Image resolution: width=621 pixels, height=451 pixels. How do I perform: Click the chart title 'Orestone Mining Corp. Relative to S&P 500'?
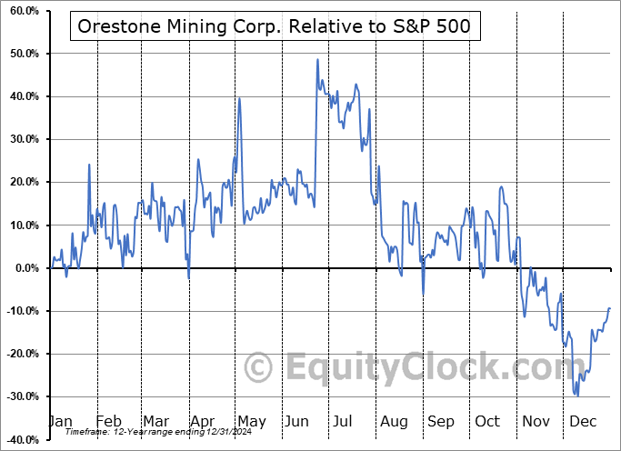(275, 26)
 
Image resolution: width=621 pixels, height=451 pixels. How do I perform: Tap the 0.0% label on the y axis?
(24, 268)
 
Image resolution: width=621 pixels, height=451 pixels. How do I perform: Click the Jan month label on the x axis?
(59, 422)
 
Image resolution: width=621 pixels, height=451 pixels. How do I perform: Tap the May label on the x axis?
(251, 422)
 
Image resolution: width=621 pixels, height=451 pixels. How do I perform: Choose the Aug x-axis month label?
(394, 422)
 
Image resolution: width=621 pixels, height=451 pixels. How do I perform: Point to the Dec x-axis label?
(584, 422)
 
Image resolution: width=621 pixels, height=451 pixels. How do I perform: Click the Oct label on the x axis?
(488, 422)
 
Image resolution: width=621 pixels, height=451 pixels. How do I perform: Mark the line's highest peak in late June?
(317, 60)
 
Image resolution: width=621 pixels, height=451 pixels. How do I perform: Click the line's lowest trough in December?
(577, 396)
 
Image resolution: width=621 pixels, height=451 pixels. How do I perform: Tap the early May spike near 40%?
(239, 98)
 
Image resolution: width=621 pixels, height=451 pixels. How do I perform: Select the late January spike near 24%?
(89, 165)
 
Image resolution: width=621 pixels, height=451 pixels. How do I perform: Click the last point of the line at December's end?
(609, 308)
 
